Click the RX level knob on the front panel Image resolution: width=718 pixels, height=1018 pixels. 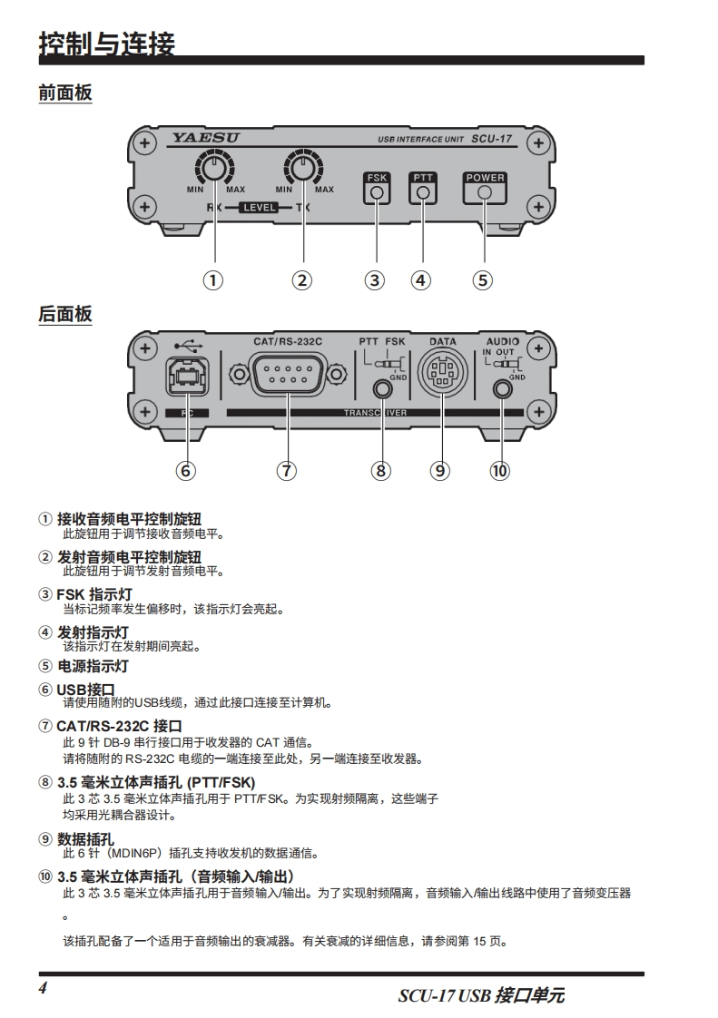(214, 168)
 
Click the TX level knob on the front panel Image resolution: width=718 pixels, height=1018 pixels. (303, 168)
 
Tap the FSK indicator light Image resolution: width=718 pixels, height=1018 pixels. (376, 193)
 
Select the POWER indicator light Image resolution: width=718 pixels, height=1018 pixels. (485, 193)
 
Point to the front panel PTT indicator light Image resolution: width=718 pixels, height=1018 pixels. (422, 193)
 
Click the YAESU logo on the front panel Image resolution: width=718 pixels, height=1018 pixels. (205, 139)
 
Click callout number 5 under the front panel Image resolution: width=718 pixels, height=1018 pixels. (483, 279)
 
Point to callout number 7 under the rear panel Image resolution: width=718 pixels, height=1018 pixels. (286, 470)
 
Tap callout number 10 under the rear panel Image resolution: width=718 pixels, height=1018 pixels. (500, 470)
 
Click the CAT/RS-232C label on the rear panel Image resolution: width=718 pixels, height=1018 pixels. (288, 341)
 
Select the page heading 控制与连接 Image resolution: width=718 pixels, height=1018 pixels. (106, 43)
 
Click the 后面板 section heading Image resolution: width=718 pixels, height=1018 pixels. (64, 314)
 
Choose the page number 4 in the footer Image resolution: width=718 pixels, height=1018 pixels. (43, 987)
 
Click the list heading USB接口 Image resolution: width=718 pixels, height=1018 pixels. (85, 690)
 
